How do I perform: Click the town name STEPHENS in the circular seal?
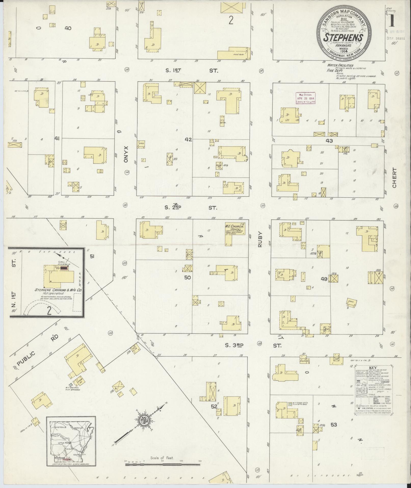[x=343, y=38]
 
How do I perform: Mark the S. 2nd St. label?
[x=191, y=208]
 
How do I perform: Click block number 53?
[x=334, y=425]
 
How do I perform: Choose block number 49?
[x=324, y=279]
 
